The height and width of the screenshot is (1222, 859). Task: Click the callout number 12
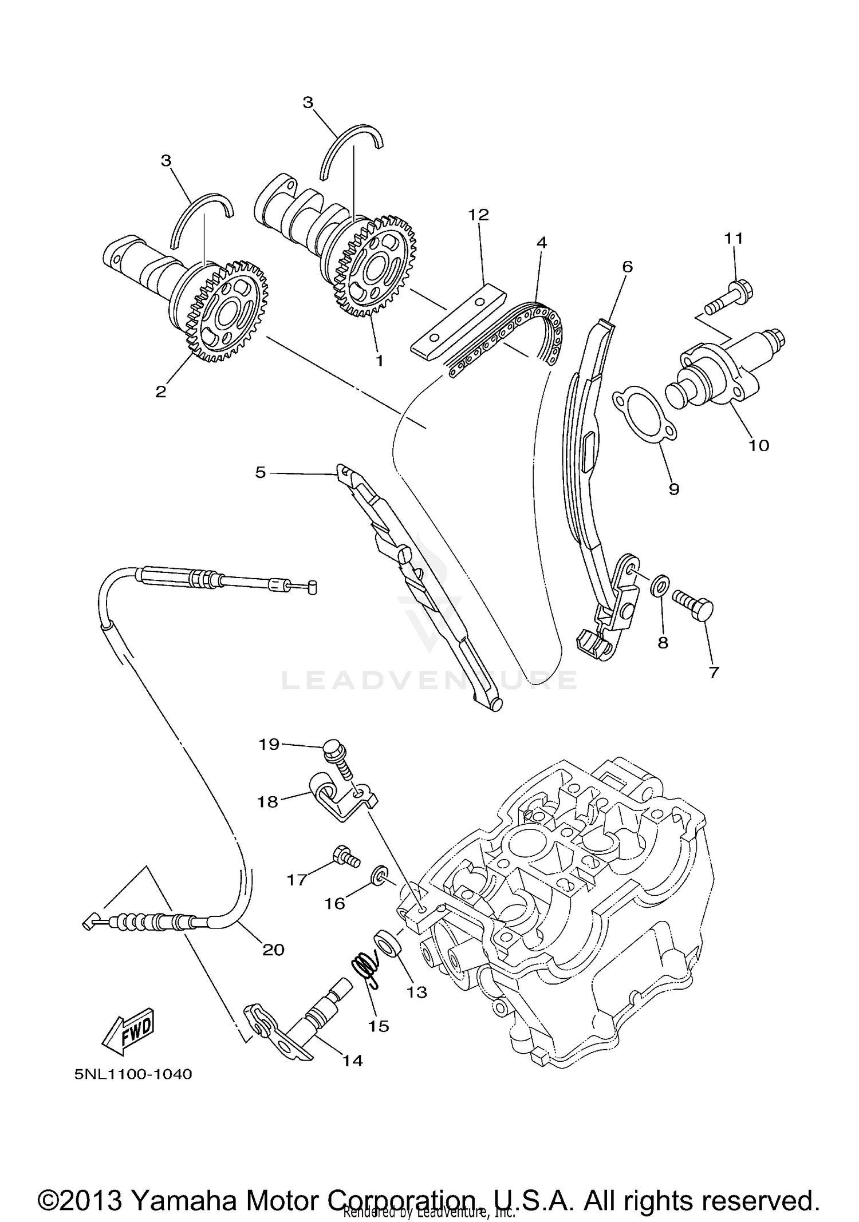tap(479, 215)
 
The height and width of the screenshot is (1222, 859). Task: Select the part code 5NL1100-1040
tap(133, 1074)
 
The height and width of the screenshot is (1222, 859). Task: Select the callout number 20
tap(273, 950)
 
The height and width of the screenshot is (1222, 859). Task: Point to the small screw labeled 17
tap(345, 857)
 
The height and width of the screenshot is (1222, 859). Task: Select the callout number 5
tap(261, 473)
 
